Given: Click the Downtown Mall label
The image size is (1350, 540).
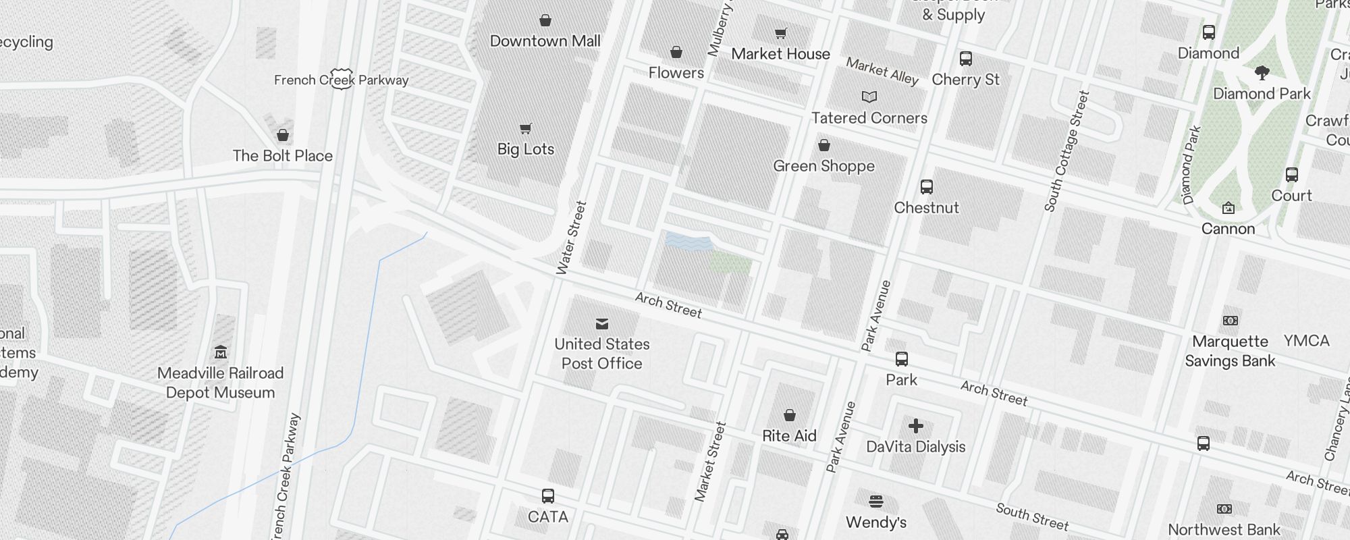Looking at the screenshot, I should point(545,41).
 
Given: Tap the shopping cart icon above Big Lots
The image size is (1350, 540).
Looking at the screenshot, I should point(526,128).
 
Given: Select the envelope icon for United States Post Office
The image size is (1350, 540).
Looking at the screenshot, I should point(602,324).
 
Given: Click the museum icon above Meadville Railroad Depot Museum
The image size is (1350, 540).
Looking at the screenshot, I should point(221,352).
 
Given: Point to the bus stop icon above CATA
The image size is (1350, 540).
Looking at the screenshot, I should point(548,497).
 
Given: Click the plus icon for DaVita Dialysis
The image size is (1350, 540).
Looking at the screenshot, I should point(916,426).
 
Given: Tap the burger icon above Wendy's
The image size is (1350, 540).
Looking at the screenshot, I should point(876,502).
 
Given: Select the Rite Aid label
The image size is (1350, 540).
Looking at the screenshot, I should point(789,436).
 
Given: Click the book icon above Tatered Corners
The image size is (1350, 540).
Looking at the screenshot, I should point(869,97).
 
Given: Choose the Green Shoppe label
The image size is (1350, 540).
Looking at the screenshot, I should point(823,166).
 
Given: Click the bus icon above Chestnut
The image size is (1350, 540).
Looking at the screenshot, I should point(927,187).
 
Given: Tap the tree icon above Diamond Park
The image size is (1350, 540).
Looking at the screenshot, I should point(1262,73).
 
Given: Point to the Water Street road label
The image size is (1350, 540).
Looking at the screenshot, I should point(571,238).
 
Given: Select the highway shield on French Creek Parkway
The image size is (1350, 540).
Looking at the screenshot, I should point(342,80).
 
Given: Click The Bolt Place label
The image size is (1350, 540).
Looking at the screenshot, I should point(282,156).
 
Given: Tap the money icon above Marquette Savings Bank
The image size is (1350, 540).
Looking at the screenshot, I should point(1231,321).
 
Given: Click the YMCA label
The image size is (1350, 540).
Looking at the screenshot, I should point(1306,341).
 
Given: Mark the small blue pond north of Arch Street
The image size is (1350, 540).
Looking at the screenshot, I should point(688,242).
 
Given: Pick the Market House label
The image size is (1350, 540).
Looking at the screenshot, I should point(780,54).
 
